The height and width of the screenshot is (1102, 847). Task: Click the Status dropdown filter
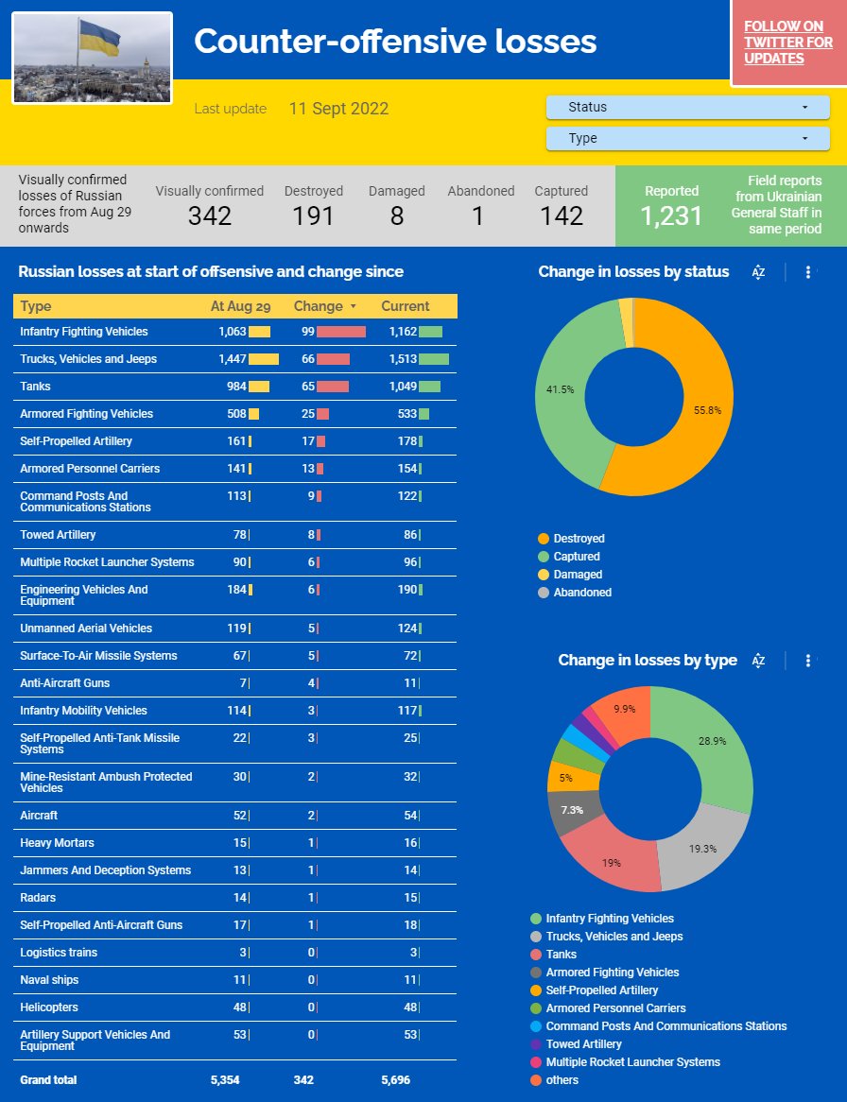[x=687, y=108]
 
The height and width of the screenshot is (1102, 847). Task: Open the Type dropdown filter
[x=687, y=138]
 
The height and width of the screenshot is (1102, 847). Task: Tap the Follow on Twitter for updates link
[x=788, y=43]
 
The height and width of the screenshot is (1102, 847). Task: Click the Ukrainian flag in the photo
[x=99, y=38]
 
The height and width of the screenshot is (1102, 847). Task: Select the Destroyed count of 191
[x=313, y=215]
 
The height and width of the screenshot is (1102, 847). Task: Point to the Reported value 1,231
[x=670, y=215]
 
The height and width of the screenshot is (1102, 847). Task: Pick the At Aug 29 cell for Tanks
[x=236, y=387]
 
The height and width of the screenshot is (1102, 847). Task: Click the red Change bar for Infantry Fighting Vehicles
[x=341, y=332]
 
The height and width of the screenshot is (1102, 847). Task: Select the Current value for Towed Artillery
[x=410, y=535]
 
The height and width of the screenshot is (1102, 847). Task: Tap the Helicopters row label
[x=48, y=1007]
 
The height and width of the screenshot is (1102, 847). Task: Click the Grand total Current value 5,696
[x=395, y=1080]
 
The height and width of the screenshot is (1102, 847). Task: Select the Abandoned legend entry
[x=574, y=593]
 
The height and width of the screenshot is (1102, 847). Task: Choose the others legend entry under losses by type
[x=555, y=1080]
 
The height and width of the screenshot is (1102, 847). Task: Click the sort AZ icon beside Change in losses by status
[x=758, y=272]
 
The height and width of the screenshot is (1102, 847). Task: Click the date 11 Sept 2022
[x=338, y=109]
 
